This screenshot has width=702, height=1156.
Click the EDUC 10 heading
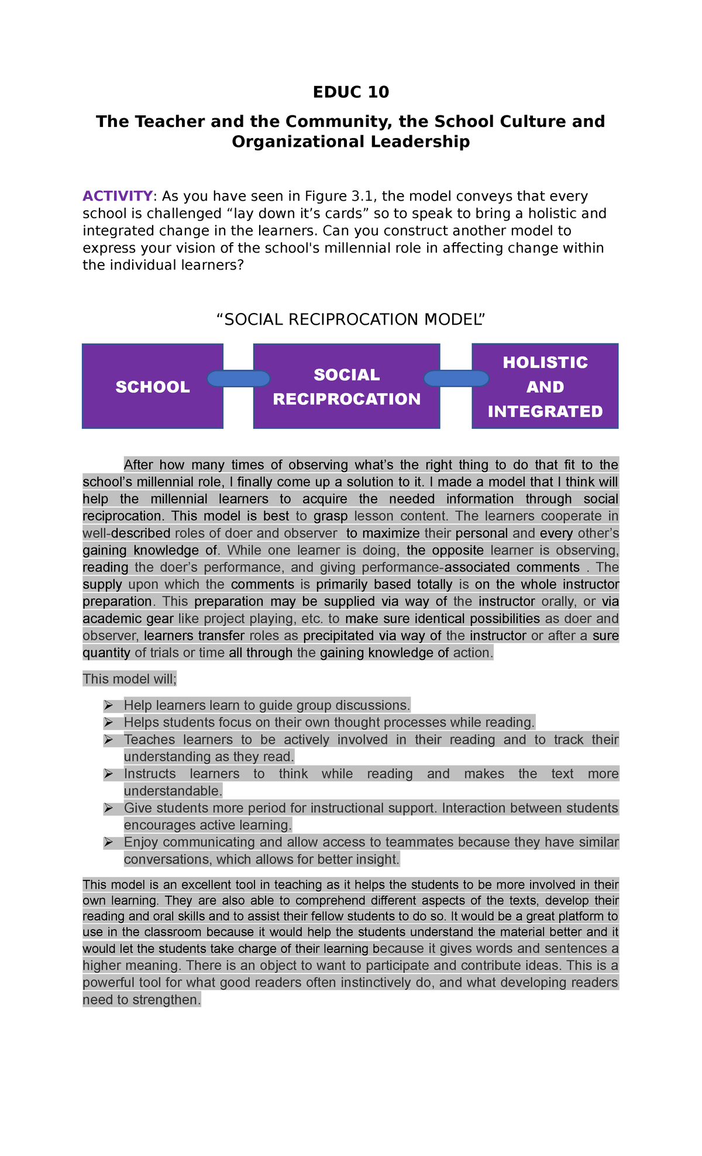coord(350,92)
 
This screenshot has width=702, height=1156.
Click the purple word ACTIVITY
coord(117,196)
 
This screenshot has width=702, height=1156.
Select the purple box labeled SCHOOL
coord(153,387)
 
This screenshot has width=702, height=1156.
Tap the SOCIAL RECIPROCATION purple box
coord(346,387)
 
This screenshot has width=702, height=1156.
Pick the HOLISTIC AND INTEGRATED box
coord(545,387)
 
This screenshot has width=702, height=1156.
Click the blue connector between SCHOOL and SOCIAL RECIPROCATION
coord(239,379)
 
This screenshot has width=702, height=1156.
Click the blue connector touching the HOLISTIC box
coord(456,379)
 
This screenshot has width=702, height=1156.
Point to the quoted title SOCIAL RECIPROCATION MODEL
coord(350,319)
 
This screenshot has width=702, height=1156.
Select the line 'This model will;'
coord(129,679)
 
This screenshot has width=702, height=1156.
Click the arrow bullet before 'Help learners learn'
coord(108,706)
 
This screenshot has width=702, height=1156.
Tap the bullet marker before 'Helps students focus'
coord(108,722)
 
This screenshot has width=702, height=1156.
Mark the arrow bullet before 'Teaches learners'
coord(108,740)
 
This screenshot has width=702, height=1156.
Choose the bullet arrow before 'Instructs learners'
coord(108,774)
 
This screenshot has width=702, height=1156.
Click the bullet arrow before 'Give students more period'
coord(108,808)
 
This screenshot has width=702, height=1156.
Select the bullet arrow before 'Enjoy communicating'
coord(108,843)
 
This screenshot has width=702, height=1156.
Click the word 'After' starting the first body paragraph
coord(139,465)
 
